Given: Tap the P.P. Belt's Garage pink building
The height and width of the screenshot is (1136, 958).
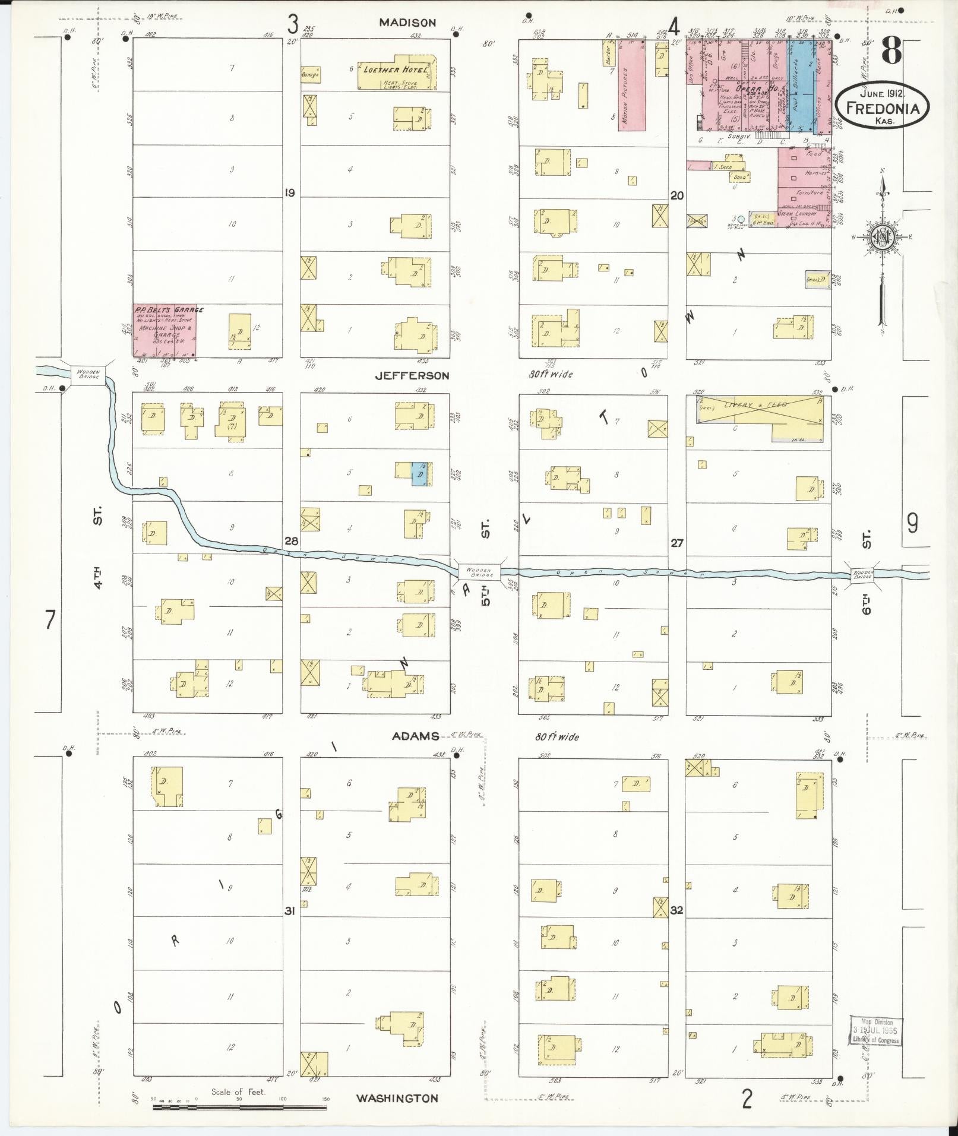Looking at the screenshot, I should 165,331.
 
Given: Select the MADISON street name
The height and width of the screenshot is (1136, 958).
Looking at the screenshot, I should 407,23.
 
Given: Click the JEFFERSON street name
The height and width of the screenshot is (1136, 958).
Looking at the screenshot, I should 412,375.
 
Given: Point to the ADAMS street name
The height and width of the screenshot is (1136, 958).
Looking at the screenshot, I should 415,736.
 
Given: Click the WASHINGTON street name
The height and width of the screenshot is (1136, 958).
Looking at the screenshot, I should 397,1098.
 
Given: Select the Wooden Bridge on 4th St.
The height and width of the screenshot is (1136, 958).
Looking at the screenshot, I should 88,374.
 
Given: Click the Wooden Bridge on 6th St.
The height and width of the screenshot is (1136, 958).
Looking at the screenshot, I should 863,575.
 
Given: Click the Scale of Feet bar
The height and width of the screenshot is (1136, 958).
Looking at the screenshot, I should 239,1107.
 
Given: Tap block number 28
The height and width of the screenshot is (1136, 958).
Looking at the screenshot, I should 291,541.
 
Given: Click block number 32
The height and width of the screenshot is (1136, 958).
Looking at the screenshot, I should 676,909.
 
